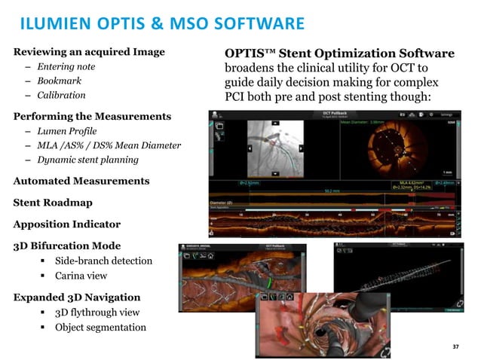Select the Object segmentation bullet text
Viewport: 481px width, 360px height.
click(x=100, y=327)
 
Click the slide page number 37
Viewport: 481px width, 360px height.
click(x=455, y=346)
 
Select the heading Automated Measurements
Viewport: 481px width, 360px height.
click(x=81, y=182)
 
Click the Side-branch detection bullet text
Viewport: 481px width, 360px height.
click(x=103, y=261)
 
